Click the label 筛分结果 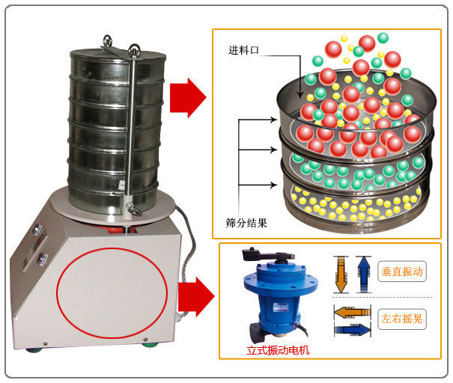pyautogui.click(x=246, y=222)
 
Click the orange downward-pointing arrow pyautogui.click(x=341, y=275)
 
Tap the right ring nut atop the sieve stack pyautogui.click(x=134, y=51)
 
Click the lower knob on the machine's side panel pyautogui.click(x=41, y=260)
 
